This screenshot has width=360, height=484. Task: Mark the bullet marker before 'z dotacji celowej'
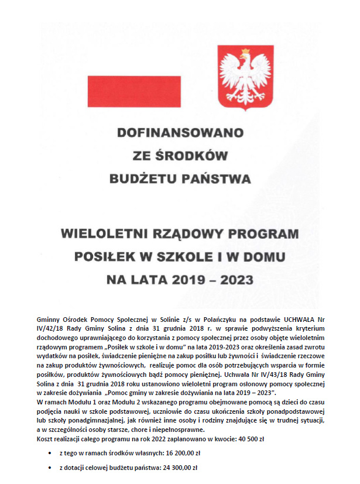49,468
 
